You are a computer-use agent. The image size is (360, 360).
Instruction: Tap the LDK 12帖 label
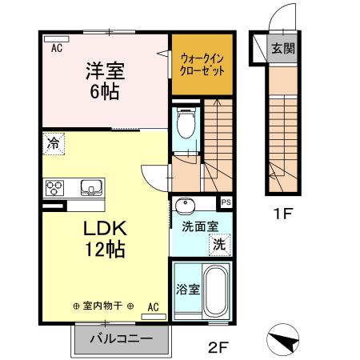point(104,238)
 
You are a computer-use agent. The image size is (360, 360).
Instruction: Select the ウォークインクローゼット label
point(202,64)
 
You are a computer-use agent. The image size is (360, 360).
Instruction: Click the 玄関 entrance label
point(282,48)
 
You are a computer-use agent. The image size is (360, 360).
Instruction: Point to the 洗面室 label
point(200,226)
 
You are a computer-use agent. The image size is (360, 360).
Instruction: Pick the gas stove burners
point(55,189)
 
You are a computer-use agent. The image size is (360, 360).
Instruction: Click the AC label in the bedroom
point(57,49)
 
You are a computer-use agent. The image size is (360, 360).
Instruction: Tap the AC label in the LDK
point(153,306)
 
